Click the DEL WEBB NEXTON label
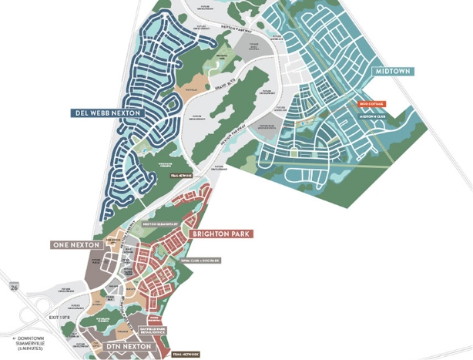tap(108, 113)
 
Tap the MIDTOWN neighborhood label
tap(394, 71)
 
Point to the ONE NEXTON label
tap(76, 244)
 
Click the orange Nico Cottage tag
tap(371, 103)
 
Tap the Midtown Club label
tap(371, 116)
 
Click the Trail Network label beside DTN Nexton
tap(183, 354)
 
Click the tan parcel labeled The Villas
tap(183, 90)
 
